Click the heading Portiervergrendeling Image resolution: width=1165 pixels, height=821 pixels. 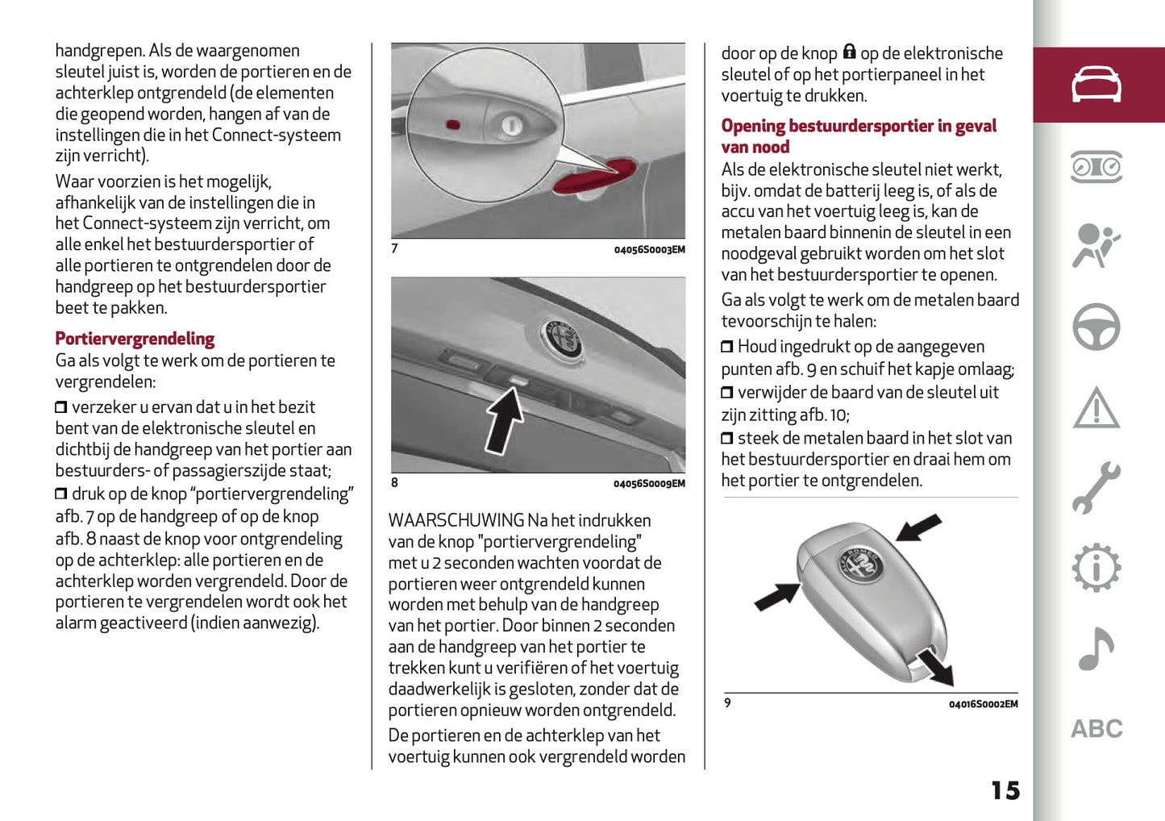pos(135,339)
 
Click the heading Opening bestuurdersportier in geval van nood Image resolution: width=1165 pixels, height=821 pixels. pos(858,136)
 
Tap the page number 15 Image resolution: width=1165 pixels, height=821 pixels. pos(1005,790)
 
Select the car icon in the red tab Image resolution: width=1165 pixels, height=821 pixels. pos(1096,85)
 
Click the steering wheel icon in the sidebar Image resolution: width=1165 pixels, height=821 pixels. pos(1096,327)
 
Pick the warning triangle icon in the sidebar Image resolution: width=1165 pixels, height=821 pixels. pos(1096,408)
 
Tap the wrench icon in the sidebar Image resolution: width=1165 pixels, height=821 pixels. pos(1096,488)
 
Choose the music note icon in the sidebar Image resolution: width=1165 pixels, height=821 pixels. pos(1096,649)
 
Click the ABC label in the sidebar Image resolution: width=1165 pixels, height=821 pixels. pos(1096,729)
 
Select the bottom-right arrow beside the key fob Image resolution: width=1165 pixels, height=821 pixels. pos(937,667)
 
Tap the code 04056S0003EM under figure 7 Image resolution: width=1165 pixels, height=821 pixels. pos(649,250)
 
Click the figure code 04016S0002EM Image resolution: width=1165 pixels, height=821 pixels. pos(983,704)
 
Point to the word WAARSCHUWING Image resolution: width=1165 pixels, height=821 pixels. pos(456,521)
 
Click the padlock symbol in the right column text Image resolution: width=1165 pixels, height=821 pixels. pos(849,52)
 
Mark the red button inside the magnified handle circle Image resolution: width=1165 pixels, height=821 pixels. pos(453,125)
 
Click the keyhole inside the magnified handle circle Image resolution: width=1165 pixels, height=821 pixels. pos(511,125)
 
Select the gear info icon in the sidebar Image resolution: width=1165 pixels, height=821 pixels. pos(1096,569)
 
